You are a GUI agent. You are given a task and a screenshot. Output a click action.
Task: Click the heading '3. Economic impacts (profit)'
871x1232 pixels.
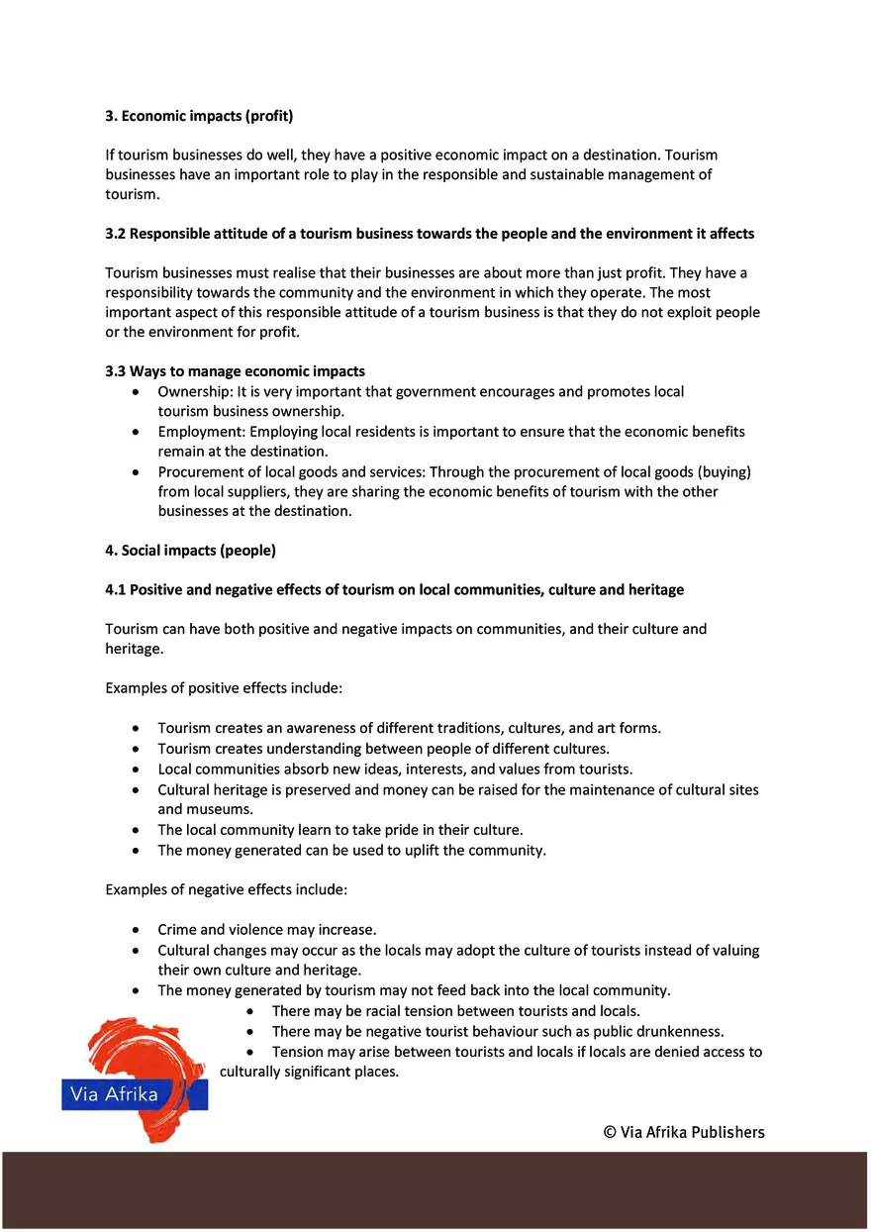(x=199, y=116)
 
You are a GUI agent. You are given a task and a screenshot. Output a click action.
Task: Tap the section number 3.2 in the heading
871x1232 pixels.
(x=116, y=234)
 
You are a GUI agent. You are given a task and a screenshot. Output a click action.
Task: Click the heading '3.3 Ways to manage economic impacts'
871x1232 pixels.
(x=235, y=371)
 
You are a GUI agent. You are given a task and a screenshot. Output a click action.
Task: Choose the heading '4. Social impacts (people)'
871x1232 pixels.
(x=190, y=550)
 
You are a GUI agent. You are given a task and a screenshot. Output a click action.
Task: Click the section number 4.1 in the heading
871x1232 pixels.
(x=116, y=589)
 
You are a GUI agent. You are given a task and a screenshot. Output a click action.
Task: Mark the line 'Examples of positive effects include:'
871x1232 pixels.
(x=224, y=687)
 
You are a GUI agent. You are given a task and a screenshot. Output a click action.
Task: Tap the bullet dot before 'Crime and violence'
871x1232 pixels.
(x=136, y=930)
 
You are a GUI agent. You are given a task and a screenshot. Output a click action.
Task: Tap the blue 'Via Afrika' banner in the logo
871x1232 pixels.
(x=135, y=1094)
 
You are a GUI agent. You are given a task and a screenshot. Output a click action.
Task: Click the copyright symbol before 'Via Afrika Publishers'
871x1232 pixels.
(x=611, y=1132)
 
